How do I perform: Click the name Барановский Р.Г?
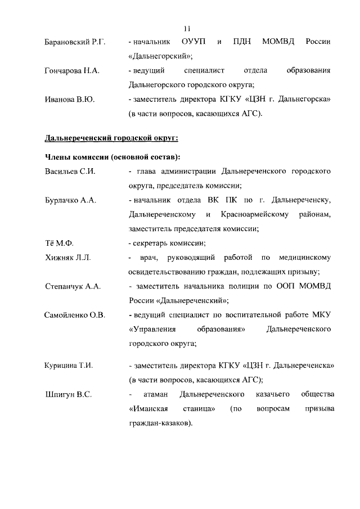(76, 42)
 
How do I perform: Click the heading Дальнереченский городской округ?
(112, 138)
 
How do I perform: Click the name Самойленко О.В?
(75, 314)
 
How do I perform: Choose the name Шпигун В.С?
(67, 394)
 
